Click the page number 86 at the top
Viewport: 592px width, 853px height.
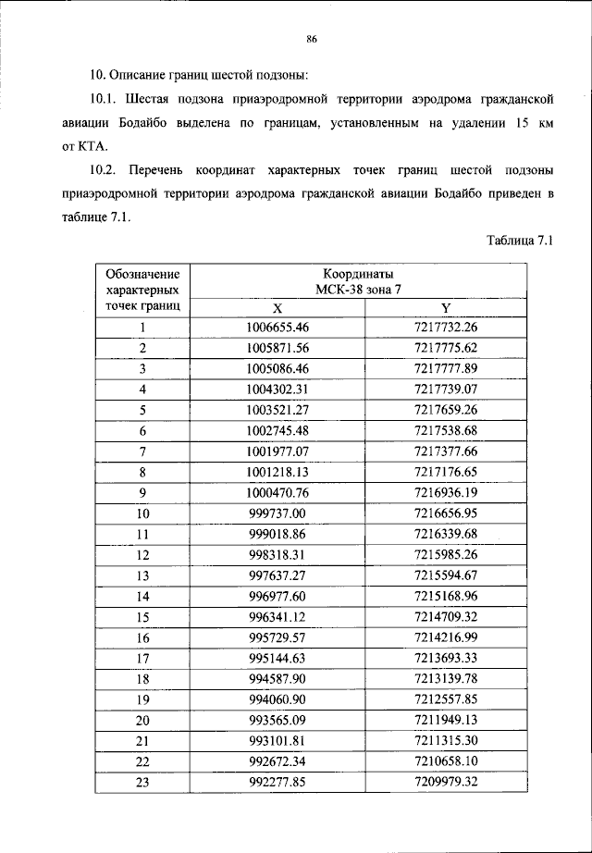(x=312, y=38)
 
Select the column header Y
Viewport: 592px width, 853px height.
(x=446, y=307)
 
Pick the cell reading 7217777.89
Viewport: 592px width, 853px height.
(x=446, y=368)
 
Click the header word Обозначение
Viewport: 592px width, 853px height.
(x=142, y=274)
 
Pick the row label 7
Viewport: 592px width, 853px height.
(x=142, y=451)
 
